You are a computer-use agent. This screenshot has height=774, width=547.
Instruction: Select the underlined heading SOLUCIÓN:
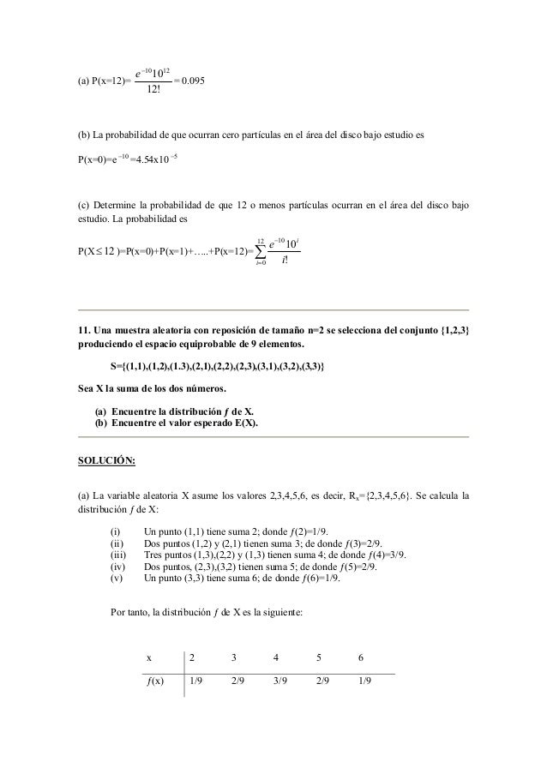point(99,459)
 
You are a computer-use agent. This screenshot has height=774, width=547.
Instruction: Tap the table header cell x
point(150,658)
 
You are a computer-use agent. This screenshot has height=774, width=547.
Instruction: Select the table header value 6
point(362,658)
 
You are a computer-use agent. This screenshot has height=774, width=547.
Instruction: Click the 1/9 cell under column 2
point(196,682)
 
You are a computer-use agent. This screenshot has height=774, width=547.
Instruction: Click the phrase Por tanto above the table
point(129,612)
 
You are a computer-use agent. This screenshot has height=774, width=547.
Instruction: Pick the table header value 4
point(275,658)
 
